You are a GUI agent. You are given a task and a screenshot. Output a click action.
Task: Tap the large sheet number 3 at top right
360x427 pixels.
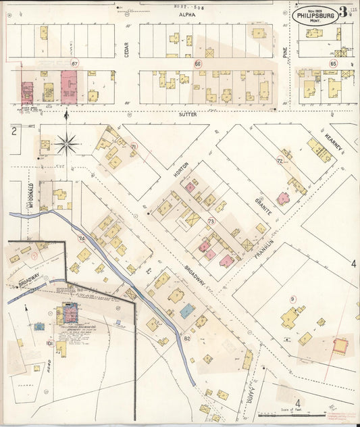point(343,11)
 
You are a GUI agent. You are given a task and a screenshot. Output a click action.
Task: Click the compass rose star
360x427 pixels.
point(67,143)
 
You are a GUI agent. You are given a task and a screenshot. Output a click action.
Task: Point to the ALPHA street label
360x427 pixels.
point(186,14)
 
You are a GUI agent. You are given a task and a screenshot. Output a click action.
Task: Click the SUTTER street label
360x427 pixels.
point(187,115)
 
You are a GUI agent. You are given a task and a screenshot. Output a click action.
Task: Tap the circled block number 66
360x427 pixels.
point(198,64)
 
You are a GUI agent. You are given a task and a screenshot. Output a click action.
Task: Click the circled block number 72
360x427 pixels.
point(280,160)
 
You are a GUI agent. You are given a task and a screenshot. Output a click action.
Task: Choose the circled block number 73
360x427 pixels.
point(211,221)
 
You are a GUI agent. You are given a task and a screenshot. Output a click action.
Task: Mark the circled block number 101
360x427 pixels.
point(49,343)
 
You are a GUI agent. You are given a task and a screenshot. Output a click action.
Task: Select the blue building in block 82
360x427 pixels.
point(187,311)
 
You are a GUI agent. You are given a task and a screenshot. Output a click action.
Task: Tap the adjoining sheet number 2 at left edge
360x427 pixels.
point(13,130)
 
